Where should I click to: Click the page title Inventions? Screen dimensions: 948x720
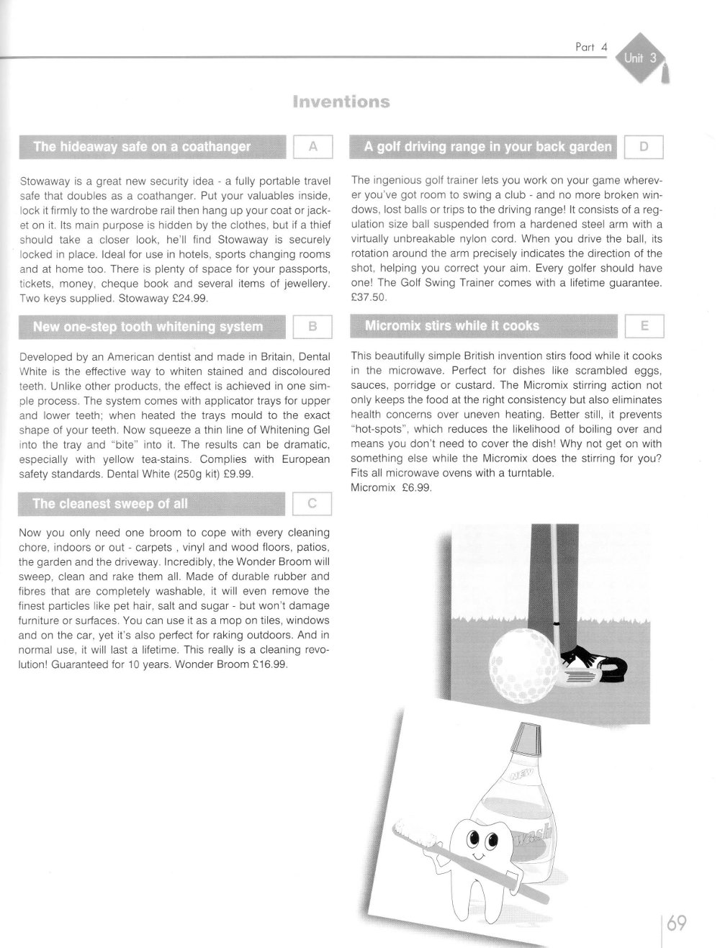tap(341, 101)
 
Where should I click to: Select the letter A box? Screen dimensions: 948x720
tap(312, 147)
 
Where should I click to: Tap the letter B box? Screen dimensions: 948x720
tap(312, 326)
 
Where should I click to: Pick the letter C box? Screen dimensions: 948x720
tap(312, 504)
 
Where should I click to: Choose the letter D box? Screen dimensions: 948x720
tap(644, 147)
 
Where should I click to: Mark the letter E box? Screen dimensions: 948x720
tap(644, 325)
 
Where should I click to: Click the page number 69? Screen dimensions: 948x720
tap(677, 923)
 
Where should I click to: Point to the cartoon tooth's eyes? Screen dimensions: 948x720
tap(482, 840)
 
